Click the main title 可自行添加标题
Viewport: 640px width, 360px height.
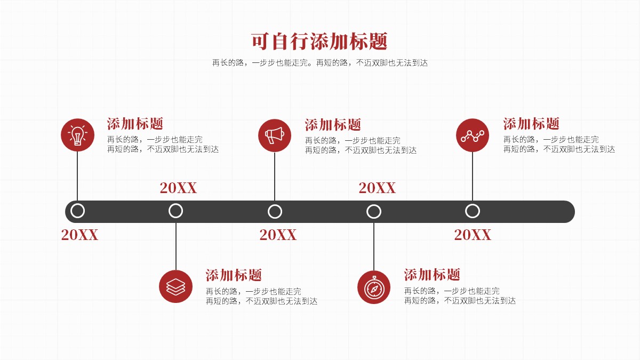click(x=319, y=42)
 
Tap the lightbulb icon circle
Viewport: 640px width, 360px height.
click(x=77, y=135)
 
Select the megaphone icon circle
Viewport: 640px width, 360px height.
click(x=275, y=135)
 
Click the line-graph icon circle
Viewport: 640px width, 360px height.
click(x=473, y=135)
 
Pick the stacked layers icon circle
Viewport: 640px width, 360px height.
click(x=175, y=286)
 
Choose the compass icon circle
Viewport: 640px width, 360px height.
click(x=374, y=287)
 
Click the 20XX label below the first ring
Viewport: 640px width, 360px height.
click(x=79, y=235)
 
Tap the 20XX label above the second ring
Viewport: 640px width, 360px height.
click(x=178, y=188)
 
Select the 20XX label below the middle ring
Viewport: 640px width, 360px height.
click(x=278, y=235)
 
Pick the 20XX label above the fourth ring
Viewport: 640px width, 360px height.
click(x=377, y=188)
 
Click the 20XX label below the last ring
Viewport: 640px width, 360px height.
click(x=473, y=235)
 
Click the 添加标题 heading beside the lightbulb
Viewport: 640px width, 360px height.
click(x=135, y=124)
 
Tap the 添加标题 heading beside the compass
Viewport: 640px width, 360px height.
click(x=431, y=275)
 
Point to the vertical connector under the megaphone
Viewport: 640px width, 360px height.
click(x=275, y=177)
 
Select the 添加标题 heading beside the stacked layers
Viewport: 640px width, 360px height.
click(x=234, y=275)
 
